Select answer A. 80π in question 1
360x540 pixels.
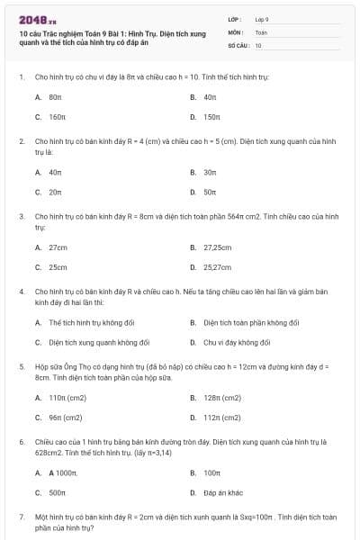click(x=55, y=96)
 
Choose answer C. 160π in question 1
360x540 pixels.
click(x=57, y=117)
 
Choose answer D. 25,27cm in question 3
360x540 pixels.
click(x=217, y=267)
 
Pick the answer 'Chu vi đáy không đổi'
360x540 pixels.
click(x=237, y=342)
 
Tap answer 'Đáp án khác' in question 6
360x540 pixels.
click(x=224, y=492)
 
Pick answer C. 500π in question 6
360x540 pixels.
click(x=57, y=492)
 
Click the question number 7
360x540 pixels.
click(x=21, y=517)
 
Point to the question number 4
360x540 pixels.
click(x=21, y=292)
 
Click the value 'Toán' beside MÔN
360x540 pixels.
click(x=261, y=31)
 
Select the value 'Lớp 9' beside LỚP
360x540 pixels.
click(x=262, y=19)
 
